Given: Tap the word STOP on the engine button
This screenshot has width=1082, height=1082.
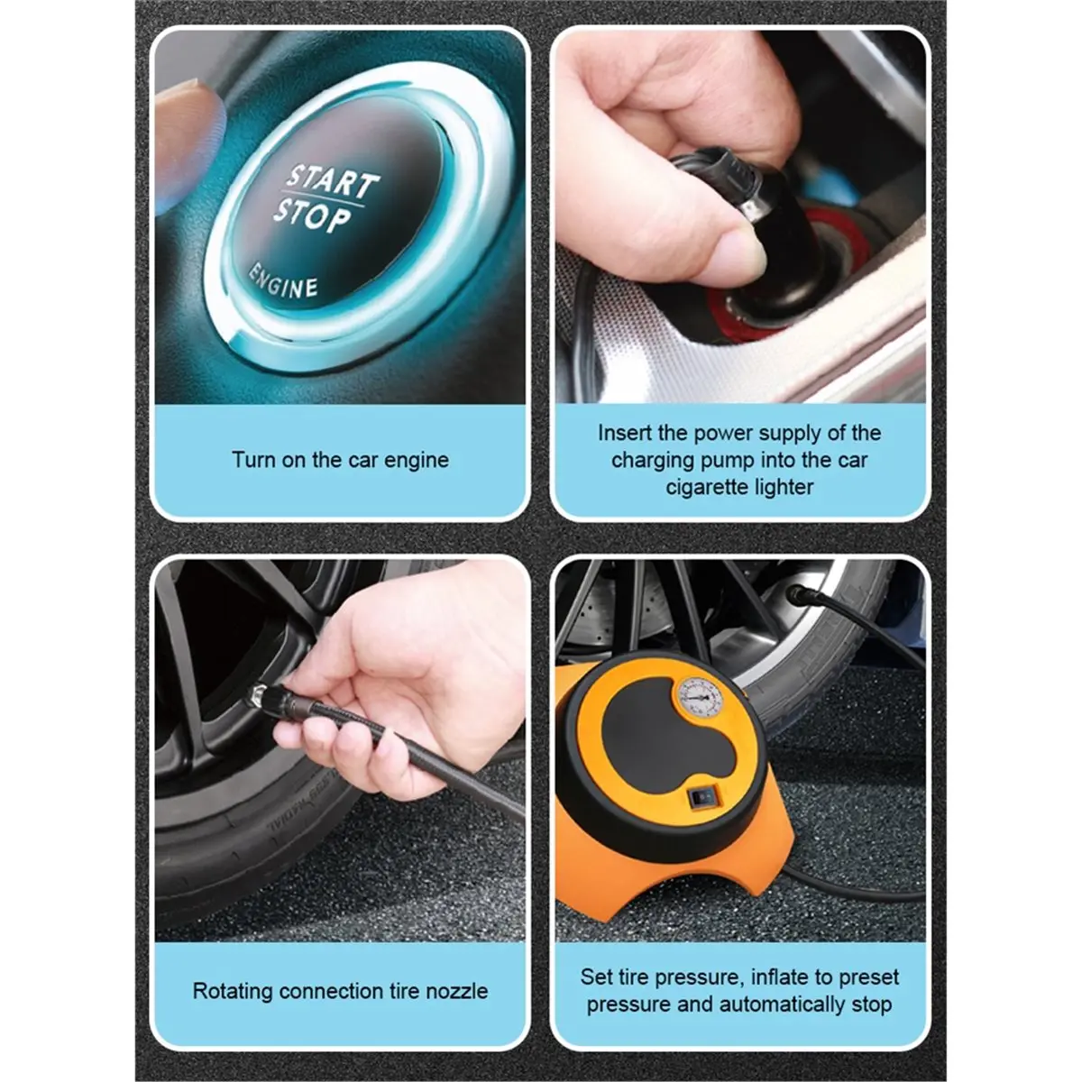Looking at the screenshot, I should coord(312,217).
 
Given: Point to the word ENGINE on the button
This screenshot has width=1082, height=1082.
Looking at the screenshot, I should coord(285,279).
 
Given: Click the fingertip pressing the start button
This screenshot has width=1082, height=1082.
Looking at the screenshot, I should coord(194,122).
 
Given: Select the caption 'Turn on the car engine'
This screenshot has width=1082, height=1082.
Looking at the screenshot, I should coord(340,460).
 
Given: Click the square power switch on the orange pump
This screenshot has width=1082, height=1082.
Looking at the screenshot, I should coord(701,799).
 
